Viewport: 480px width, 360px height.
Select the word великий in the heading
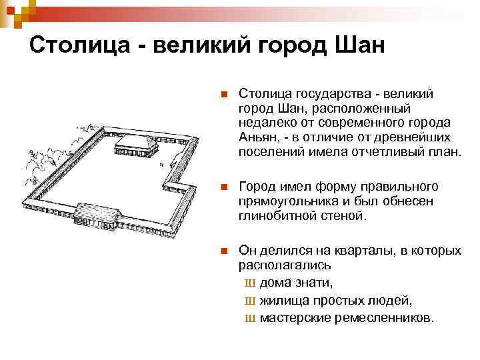click(210, 46)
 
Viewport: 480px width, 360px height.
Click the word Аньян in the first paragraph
click(256, 137)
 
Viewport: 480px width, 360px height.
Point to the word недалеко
click(266, 122)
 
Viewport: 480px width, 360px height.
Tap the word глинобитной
click(273, 215)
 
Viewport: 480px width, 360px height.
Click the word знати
click(313, 282)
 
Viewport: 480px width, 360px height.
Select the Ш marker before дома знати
click(251, 283)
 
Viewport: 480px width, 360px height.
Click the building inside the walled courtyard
click(136, 145)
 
